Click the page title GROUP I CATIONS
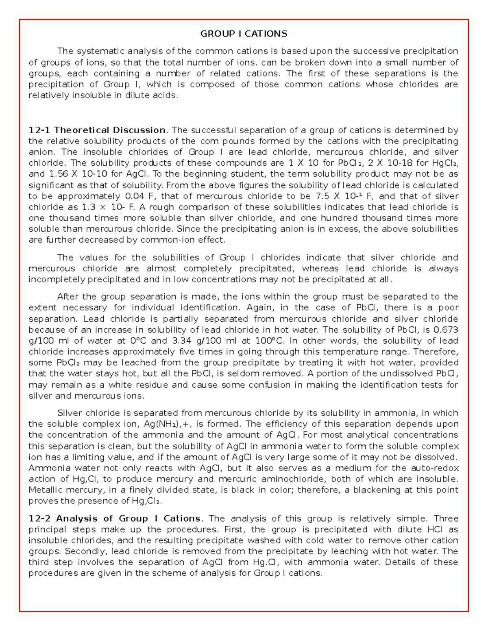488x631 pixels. (244, 34)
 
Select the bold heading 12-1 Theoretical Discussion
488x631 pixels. (97, 130)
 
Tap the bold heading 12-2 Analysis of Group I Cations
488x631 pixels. (114, 519)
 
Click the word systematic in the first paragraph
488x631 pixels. (101, 51)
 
